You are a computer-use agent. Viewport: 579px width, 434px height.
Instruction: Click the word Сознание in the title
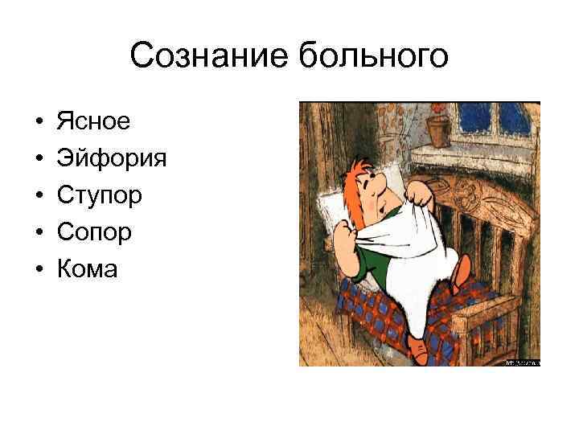208,57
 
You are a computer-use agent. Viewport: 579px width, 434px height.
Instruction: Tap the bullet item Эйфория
112,158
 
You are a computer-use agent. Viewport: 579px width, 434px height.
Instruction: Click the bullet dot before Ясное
39,122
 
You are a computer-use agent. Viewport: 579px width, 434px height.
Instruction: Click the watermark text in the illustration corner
522,362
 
